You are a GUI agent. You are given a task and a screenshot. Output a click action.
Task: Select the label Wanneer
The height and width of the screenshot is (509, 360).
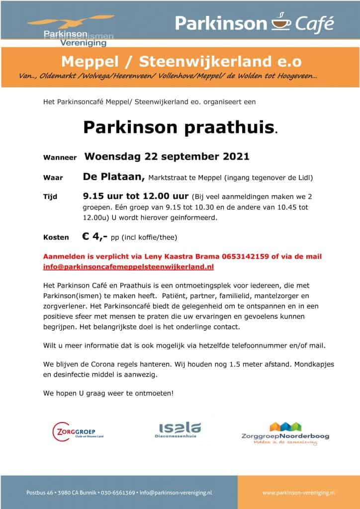(60, 158)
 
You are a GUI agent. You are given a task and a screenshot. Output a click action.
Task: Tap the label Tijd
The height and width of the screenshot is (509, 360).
(50, 197)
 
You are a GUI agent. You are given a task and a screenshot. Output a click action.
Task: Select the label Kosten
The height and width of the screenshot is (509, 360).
(56, 238)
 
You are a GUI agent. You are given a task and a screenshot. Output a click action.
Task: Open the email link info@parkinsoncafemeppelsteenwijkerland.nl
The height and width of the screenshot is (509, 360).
(128, 267)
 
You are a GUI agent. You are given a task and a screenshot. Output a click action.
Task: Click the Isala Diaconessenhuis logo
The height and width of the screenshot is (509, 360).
(180, 430)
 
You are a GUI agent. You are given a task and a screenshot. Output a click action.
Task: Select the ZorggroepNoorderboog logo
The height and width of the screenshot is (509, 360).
(285, 432)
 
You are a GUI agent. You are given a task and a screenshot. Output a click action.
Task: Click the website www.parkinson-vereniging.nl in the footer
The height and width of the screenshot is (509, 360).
(298, 492)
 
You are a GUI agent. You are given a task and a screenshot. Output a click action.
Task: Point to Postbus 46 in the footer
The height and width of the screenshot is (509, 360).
(38, 492)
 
